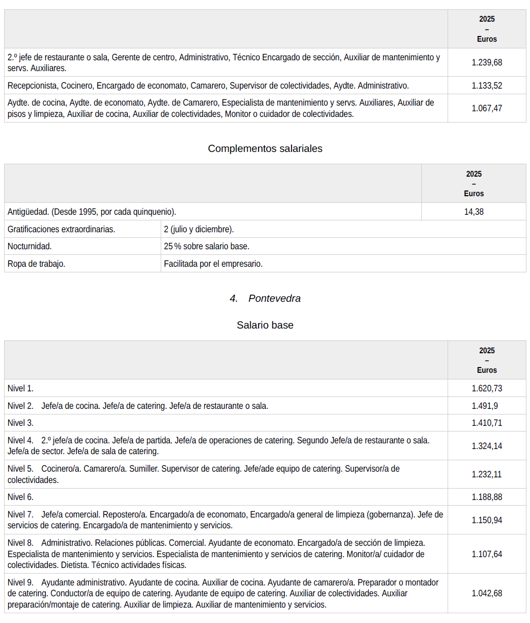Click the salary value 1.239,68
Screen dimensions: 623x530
click(487, 62)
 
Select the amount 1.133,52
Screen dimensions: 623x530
click(487, 85)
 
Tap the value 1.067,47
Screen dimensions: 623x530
click(487, 108)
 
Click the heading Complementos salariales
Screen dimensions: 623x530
click(265, 148)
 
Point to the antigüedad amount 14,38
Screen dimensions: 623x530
click(474, 212)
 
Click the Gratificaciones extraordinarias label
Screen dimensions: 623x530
click(61, 229)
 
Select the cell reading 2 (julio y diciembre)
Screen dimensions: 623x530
click(199, 229)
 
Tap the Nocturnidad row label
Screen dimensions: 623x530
click(29, 246)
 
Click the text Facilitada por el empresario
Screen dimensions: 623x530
click(213, 264)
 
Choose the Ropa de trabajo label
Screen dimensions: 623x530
click(36, 264)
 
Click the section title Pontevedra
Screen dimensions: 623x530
click(274, 298)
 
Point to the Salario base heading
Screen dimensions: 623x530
click(265, 325)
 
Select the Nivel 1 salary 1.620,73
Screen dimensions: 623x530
click(487, 388)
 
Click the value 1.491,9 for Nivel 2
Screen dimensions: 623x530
click(485, 406)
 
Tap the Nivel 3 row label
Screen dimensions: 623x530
click(21, 423)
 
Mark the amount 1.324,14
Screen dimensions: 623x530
click(487, 446)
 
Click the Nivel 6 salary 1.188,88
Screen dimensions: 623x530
click(487, 497)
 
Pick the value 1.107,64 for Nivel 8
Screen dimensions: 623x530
click(487, 554)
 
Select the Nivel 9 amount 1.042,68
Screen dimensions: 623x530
click(487, 593)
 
